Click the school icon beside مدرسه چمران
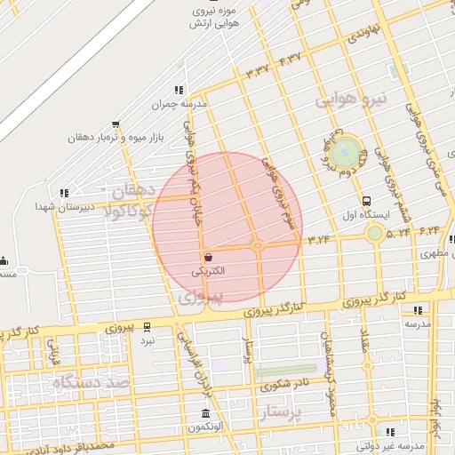coord(179,90)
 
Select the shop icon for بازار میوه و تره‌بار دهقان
coord(115,125)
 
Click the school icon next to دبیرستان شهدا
coord(63,192)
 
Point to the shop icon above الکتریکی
coord(208,255)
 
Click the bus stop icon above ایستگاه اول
coord(366,201)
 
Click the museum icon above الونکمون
coord(206,414)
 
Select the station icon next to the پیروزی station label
coord(147,327)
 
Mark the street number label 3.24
coord(320,239)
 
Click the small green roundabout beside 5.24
coord(375,233)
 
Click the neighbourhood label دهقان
coord(134,189)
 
